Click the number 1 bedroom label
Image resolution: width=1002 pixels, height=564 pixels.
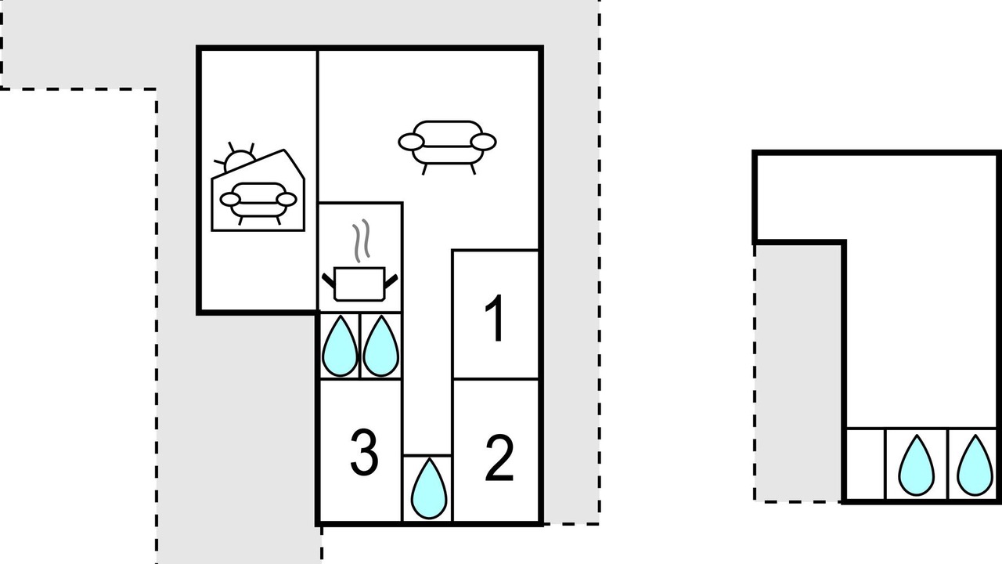(x=496, y=318)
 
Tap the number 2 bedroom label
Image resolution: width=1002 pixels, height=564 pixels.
(x=499, y=458)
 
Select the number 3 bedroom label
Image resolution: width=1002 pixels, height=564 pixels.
(x=364, y=452)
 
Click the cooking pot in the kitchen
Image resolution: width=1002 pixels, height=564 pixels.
(x=359, y=284)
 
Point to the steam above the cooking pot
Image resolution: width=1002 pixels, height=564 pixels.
(x=362, y=240)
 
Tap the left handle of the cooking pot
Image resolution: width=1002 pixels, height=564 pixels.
(x=328, y=281)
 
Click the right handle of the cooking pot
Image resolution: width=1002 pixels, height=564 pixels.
(x=391, y=281)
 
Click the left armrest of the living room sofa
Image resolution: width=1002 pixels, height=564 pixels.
(x=411, y=142)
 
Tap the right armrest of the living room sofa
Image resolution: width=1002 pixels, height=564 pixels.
(x=484, y=142)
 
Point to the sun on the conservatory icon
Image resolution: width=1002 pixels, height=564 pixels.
(x=236, y=158)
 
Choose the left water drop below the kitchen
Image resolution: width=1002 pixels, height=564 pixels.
(x=340, y=346)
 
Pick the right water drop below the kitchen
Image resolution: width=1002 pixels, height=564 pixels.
(x=380, y=346)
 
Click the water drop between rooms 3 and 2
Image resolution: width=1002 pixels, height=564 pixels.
(x=428, y=489)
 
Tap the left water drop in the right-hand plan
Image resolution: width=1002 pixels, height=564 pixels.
(x=917, y=465)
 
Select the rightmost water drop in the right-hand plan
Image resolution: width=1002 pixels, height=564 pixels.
(x=975, y=465)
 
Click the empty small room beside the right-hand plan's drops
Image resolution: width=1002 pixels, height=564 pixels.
(x=866, y=465)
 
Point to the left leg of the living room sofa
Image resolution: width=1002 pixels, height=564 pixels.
(x=424, y=169)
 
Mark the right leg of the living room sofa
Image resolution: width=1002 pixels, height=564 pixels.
(x=473, y=169)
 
